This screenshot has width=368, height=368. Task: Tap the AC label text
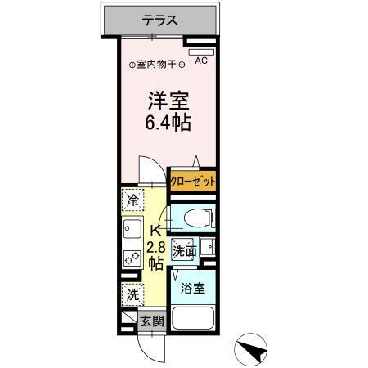202,60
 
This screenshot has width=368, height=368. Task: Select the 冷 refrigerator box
132,200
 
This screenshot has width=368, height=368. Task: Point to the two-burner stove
131,260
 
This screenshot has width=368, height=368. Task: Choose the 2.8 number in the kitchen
155,246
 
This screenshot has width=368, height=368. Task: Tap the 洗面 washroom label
185,252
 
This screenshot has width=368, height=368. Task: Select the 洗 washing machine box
131,295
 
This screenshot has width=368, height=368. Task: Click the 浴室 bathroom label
192,288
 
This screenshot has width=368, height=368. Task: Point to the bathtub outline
194,319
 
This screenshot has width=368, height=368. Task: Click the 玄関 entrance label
151,321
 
